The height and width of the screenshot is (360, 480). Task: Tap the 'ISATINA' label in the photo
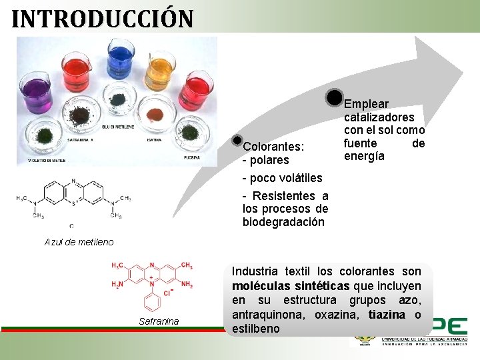tap(154, 140)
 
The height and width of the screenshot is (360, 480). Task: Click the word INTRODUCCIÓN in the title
tap(103, 18)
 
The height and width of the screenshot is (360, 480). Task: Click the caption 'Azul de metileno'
tap(79, 242)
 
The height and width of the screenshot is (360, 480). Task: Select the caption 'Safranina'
tap(159, 321)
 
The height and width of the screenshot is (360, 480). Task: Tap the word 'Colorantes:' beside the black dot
tap(273, 146)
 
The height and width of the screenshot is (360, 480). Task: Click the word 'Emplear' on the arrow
tap(366, 104)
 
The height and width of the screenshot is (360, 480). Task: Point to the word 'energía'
tap(364, 156)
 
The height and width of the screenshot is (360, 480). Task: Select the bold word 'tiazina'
tap(387, 315)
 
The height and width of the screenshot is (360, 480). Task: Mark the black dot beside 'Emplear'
tap(335, 97)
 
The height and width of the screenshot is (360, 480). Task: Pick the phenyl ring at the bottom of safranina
tap(153, 303)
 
